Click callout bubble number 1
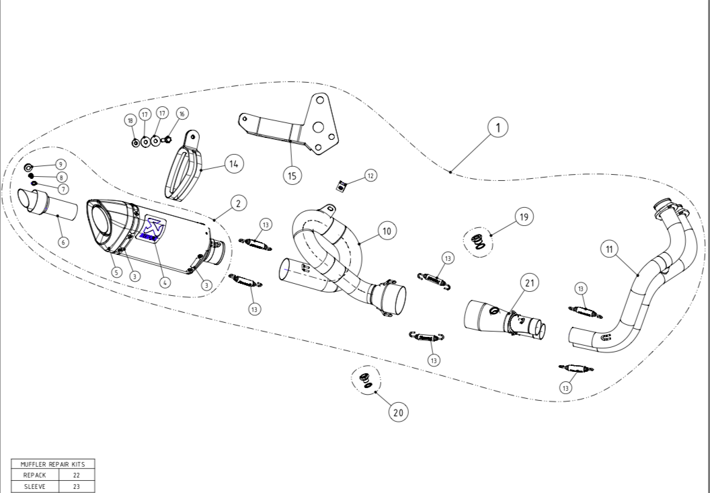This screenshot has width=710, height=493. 498,127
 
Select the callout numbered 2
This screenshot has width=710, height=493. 237,202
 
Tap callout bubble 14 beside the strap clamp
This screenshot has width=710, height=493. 233,163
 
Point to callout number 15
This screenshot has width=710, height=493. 292,176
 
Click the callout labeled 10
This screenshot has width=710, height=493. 386,231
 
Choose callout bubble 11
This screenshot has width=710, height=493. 609,250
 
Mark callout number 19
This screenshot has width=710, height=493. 524,217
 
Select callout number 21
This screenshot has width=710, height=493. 529,284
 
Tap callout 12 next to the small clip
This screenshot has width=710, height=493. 370,176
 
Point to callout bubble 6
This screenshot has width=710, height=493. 63,242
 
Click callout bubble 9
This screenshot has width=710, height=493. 60,164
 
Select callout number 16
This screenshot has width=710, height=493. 182,114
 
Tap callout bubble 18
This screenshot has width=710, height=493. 130,120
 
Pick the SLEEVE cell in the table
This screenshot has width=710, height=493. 35,485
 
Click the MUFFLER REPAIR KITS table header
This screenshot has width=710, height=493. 52,464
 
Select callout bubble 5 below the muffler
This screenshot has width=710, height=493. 116,272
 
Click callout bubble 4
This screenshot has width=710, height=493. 165,282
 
